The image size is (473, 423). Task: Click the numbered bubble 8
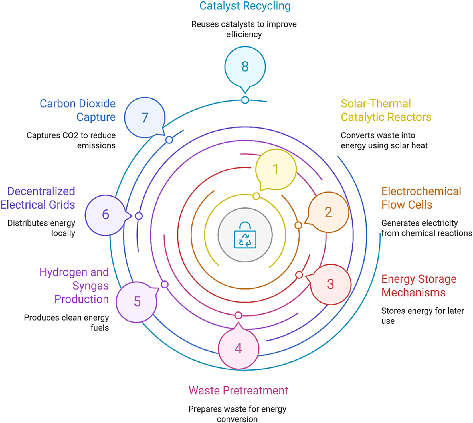click(245, 67)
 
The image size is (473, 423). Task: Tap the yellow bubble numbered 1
click(276, 169)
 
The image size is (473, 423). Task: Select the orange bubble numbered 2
click(329, 212)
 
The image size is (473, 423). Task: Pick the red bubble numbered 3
click(330, 284)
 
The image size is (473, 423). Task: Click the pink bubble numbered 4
click(238, 349)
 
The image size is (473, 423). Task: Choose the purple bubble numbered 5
click(137, 302)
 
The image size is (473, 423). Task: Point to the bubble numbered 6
click(106, 215)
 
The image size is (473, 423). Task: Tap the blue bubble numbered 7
click(145, 118)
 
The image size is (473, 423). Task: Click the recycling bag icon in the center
click(245, 235)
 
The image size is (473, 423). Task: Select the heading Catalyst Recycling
click(245, 6)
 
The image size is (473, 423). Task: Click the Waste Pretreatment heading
click(238, 390)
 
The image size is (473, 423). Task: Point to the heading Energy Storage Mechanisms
click(419, 286)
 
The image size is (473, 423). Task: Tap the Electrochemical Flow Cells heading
click(421, 198)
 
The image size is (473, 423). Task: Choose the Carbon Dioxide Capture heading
click(78, 110)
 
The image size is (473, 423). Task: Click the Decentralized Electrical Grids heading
click(38, 198)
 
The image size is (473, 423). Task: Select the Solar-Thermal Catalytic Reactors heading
click(386, 110)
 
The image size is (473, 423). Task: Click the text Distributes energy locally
click(41, 228)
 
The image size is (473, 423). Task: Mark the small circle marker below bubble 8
click(245, 100)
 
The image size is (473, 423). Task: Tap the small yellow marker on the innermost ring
click(256, 196)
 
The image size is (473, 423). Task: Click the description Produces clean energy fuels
click(66, 323)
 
